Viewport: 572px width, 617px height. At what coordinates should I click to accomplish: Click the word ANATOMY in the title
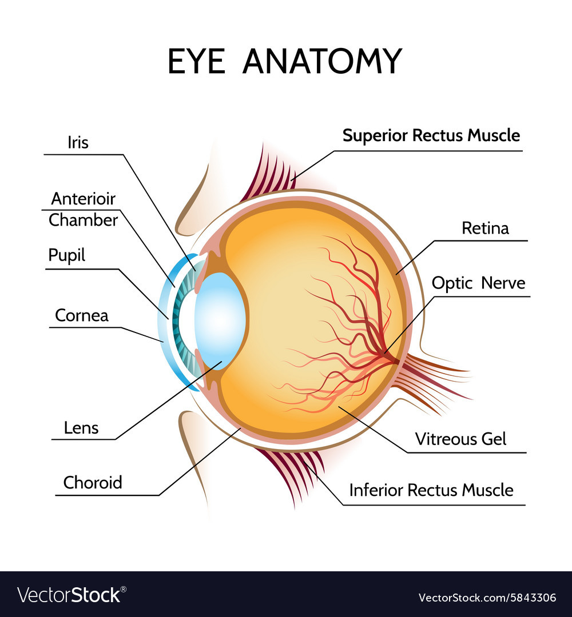(322, 61)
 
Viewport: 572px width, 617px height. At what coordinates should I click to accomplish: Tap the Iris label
(78, 142)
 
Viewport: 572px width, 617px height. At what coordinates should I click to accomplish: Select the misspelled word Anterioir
(83, 199)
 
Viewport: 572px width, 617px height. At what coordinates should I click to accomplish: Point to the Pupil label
(66, 255)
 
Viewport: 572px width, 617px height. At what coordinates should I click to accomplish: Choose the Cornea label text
(81, 315)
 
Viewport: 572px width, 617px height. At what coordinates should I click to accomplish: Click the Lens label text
(82, 427)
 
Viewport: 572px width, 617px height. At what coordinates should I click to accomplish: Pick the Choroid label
(93, 483)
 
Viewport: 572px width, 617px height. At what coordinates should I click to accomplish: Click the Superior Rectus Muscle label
(431, 135)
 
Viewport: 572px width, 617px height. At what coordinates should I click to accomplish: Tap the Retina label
(485, 228)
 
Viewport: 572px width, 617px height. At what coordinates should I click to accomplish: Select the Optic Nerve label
(478, 283)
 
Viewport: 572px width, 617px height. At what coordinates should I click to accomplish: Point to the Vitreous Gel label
(460, 439)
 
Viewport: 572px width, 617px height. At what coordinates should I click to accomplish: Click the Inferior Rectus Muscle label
(431, 490)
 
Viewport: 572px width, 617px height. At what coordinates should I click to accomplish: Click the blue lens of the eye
(220, 320)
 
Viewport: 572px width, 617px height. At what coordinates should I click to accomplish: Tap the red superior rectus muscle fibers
(269, 171)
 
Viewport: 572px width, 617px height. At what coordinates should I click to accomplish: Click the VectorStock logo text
(71, 595)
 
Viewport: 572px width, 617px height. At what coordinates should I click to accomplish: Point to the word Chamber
(83, 220)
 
